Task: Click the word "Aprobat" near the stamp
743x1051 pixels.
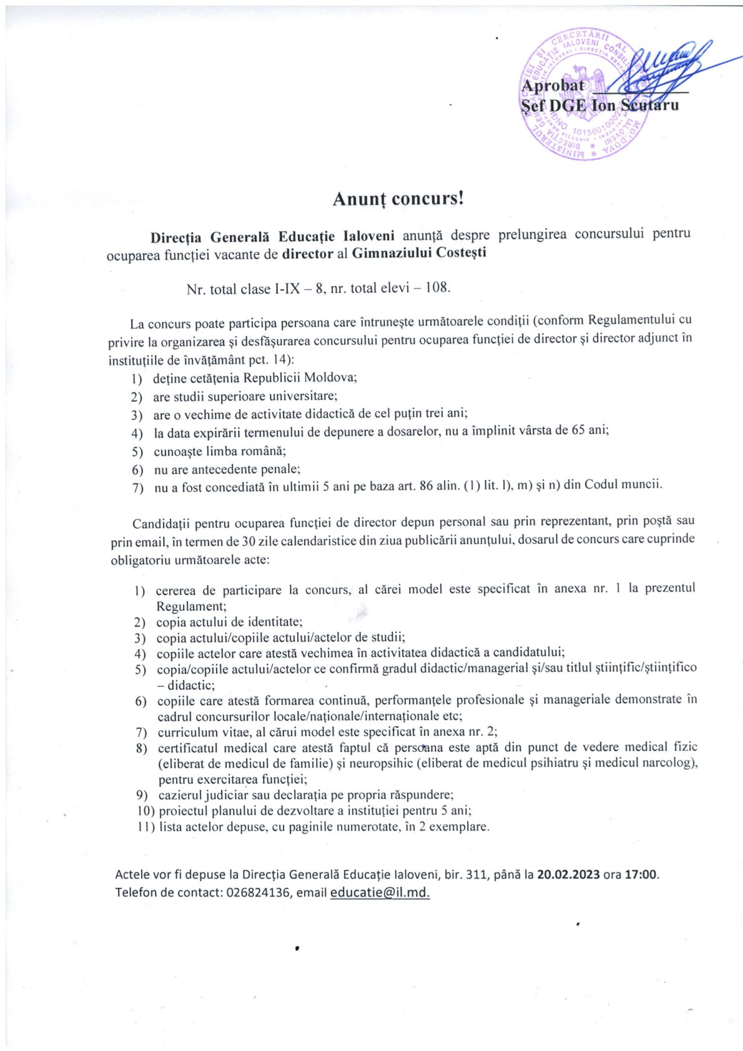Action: [552, 86]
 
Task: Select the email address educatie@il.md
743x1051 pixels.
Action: [380, 892]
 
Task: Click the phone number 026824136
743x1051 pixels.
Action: [258, 893]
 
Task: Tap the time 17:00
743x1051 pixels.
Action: [641, 874]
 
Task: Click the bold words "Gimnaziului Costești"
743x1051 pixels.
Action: [419, 254]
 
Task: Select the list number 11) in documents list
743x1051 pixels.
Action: [146, 827]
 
